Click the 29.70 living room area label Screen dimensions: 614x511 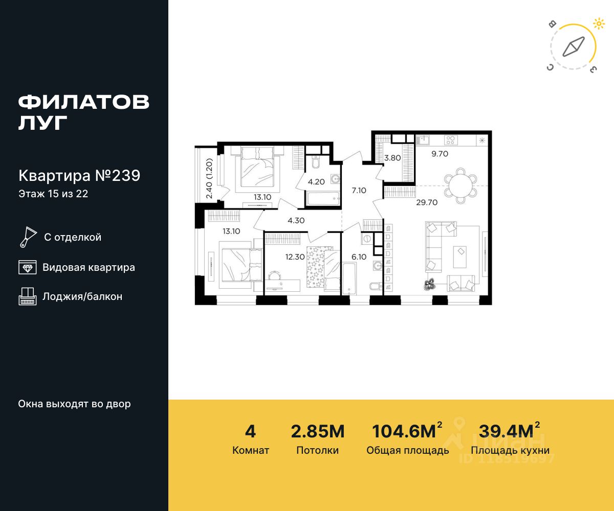[427, 202]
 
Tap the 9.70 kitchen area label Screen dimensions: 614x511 [440, 154]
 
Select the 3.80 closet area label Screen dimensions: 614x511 [392, 158]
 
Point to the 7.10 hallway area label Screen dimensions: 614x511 [359, 190]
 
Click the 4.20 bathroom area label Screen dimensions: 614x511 [316, 182]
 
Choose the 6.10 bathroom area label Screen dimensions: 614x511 [359, 257]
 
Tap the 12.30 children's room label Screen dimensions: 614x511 [295, 257]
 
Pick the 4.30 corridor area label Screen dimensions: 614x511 [296, 220]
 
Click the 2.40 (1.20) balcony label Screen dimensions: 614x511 [209, 178]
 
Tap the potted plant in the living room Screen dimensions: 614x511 [430, 284]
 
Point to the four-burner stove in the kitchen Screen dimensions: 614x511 [450, 140]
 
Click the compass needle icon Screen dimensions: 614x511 [574, 47]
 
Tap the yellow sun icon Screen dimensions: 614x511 [599, 24]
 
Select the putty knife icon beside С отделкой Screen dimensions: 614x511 [28, 237]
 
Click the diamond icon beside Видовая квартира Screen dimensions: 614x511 [28, 267]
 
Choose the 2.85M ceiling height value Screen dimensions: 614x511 [318, 431]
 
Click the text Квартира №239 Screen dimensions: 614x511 [79, 176]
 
